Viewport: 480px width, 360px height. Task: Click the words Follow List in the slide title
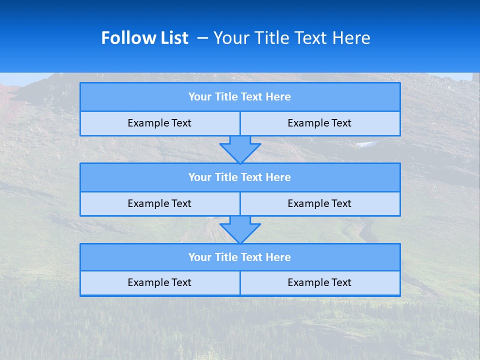(x=144, y=38)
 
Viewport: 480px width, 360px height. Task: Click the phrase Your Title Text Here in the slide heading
(x=291, y=38)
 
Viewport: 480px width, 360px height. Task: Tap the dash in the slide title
(x=202, y=38)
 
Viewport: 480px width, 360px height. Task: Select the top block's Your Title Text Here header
(x=239, y=97)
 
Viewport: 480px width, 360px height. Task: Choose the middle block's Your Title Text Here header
(x=239, y=177)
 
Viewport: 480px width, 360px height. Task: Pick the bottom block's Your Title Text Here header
(x=239, y=257)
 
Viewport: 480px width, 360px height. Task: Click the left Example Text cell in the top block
(x=159, y=123)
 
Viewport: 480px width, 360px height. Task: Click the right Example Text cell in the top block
(x=319, y=123)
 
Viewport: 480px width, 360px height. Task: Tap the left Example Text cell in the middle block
(x=159, y=203)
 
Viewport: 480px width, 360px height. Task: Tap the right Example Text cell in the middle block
(x=319, y=203)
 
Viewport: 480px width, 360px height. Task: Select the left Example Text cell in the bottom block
(x=159, y=282)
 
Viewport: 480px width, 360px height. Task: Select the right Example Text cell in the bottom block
(x=319, y=282)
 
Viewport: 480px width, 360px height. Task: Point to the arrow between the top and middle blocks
(x=240, y=149)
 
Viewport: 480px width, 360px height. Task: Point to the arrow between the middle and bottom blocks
(x=240, y=229)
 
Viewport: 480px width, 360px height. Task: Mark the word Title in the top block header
(x=226, y=97)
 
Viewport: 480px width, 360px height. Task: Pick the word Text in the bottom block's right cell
(x=341, y=282)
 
